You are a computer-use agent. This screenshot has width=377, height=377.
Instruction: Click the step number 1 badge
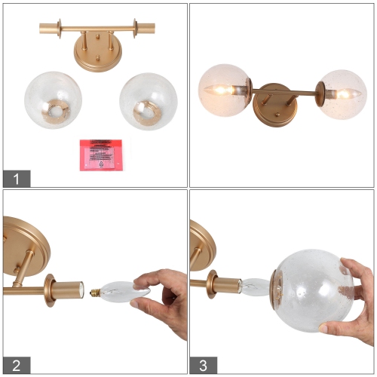click(17, 179)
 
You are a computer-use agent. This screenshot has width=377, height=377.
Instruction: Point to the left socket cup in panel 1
click(48, 29)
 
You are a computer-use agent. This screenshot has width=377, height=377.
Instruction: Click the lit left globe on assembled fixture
click(225, 90)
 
